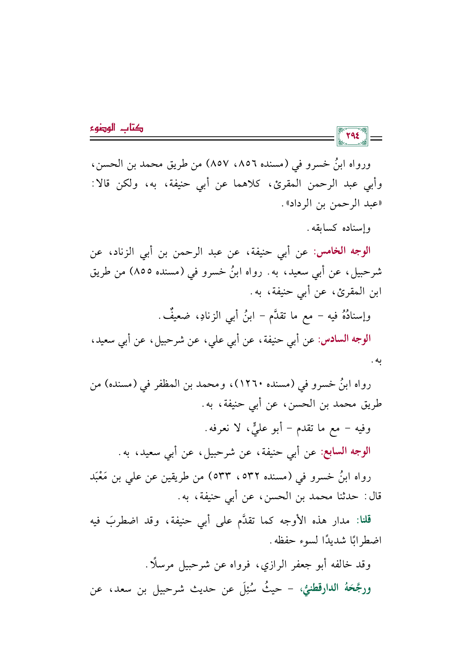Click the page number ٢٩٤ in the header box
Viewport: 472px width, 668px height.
[352, 136]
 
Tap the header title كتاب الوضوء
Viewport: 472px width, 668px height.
[116, 129]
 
